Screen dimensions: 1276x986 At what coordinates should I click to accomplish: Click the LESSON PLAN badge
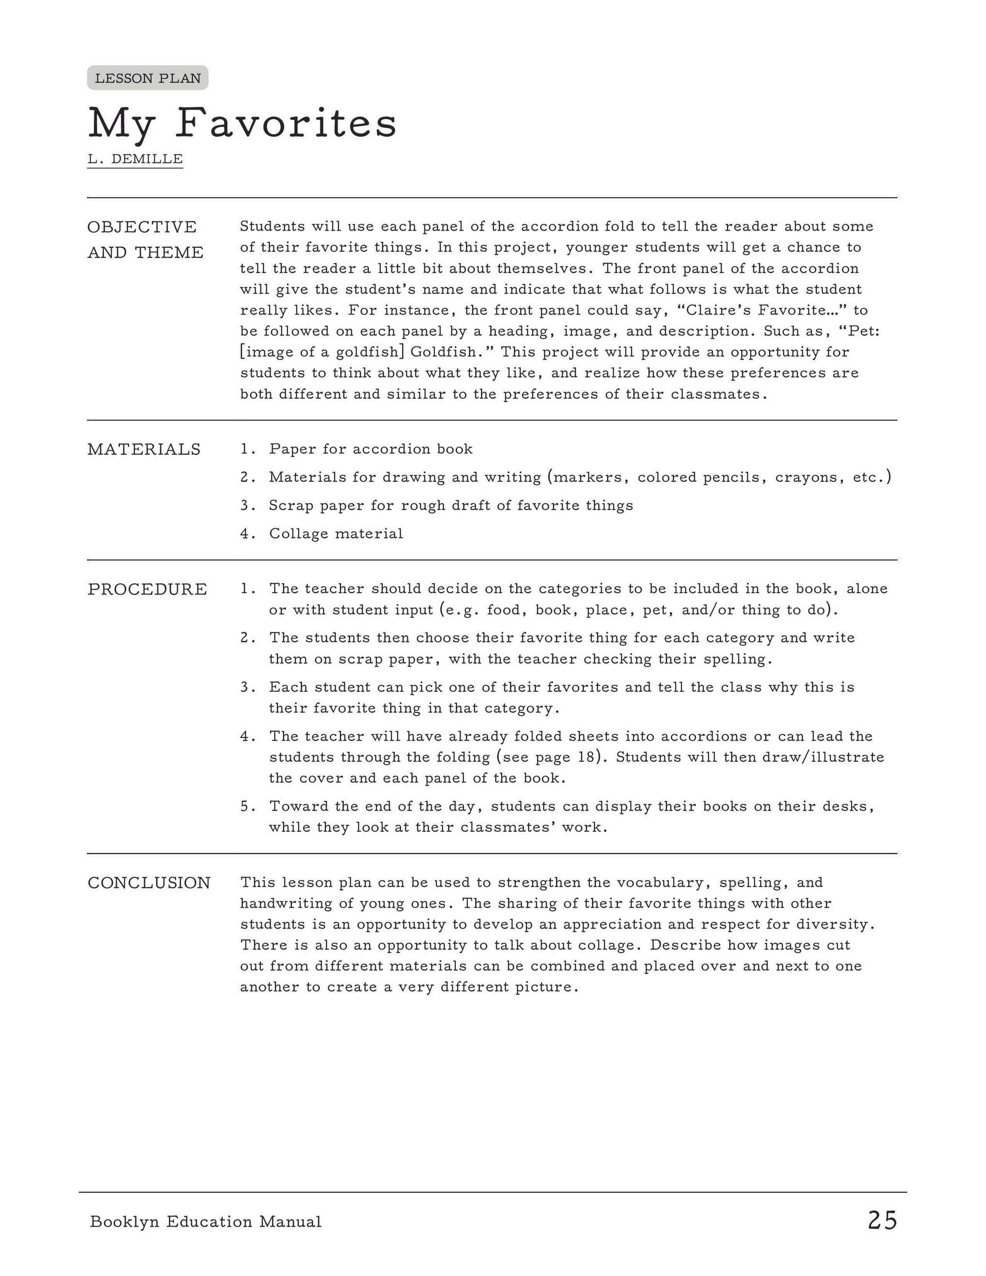pyautogui.click(x=148, y=78)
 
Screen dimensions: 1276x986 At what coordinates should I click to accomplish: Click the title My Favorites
pyautogui.click(x=242, y=124)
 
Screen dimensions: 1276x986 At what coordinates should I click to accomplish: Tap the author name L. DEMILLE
pyautogui.click(x=135, y=159)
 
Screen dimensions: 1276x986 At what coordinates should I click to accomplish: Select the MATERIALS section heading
pyautogui.click(x=144, y=449)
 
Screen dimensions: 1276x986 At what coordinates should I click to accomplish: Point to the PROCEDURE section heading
pyautogui.click(x=147, y=589)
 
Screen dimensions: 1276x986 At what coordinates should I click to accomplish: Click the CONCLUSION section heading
pyautogui.click(x=149, y=883)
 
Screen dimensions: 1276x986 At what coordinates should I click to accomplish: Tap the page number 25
pyautogui.click(x=882, y=1220)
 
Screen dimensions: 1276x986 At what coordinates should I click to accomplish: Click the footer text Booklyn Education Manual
pyautogui.click(x=205, y=1222)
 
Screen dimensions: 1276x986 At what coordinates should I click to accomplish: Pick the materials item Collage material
pyautogui.click(x=336, y=534)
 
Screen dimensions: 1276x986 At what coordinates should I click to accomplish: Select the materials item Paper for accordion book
pyautogui.click(x=370, y=449)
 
